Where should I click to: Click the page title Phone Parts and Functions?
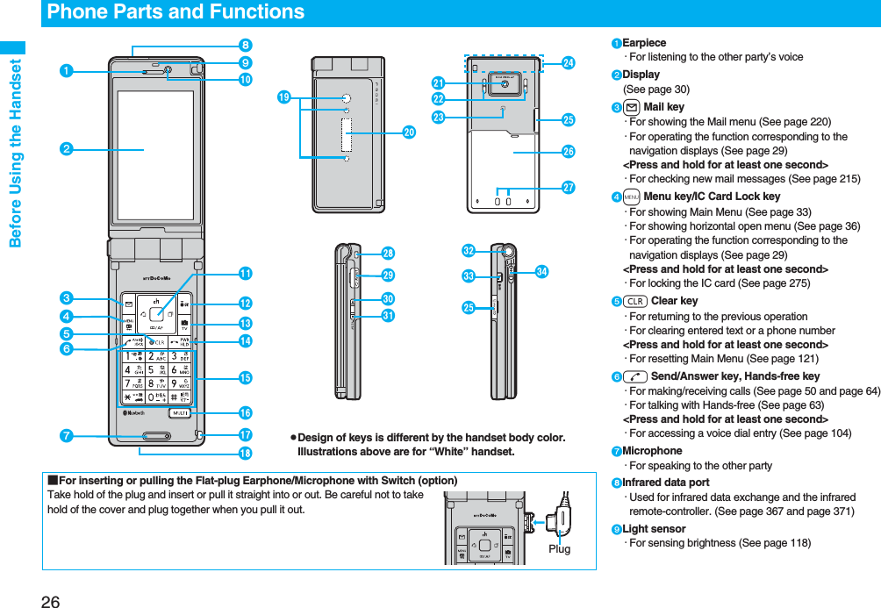point(175,12)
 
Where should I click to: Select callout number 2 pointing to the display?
point(65,150)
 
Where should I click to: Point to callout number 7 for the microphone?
point(65,436)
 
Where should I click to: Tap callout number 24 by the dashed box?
point(569,63)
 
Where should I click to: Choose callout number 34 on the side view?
point(541,273)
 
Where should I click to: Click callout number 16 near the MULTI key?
point(245,413)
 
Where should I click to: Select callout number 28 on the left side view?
point(388,254)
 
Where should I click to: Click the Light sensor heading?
point(654,529)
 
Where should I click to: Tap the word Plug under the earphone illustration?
point(559,548)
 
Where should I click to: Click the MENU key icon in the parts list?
point(631,197)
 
